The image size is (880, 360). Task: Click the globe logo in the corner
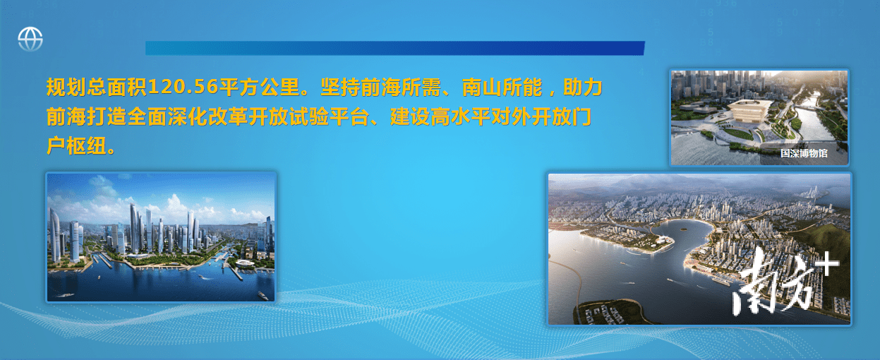[x=30, y=39]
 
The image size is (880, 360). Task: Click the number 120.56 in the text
[x=183, y=86]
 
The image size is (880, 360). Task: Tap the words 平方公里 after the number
[x=259, y=87]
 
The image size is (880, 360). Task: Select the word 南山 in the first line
[x=482, y=87]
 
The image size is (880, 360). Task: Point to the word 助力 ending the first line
[x=583, y=87]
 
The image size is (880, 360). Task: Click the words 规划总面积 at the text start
[x=97, y=87]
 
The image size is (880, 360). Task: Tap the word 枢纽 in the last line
[x=86, y=146]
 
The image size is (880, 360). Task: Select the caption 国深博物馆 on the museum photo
[x=804, y=153]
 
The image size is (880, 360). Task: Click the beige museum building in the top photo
[x=746, y=109]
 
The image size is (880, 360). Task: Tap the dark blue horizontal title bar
[x=395, y=48]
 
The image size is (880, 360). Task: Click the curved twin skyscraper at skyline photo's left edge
[x=54, y=235]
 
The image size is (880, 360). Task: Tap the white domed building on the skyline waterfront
[x=245, y=263]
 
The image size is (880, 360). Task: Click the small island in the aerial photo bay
[x=683, y=229]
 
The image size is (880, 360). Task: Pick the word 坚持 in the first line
[x=341, y=87]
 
